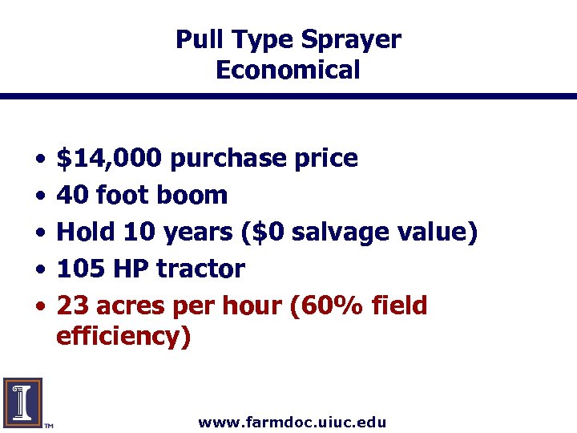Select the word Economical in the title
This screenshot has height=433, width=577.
(x=288, y=70)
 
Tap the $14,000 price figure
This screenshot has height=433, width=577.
(x=111, y=158)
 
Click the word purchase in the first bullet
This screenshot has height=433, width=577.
(x=228, y=159)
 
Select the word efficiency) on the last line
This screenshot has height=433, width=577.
(x=123, y=337)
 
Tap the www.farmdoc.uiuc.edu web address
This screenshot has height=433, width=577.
(x=292, y=422)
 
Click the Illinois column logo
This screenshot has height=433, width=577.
(x=22, y=401)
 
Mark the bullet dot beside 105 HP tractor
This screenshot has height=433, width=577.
(x=40, y=269)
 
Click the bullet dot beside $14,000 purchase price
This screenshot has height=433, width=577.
(x=40, y=159)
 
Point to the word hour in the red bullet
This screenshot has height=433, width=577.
(x=252, y=306)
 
